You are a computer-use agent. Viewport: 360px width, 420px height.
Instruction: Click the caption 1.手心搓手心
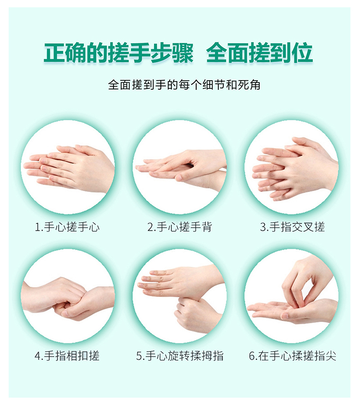(67, 227)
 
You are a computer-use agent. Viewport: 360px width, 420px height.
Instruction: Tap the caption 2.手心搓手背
(180, 227)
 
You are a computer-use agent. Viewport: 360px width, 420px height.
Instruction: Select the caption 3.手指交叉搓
(292, 227)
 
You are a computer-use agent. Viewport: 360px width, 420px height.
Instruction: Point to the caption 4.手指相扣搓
(67, 356)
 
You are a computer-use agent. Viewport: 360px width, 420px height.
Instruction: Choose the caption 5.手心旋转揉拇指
(180, 356)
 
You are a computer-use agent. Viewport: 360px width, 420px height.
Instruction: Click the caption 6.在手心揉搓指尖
(292, 356)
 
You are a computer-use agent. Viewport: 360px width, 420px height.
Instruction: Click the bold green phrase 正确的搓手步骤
(119, 53)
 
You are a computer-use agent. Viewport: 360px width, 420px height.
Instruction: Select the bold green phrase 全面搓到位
(259, 53)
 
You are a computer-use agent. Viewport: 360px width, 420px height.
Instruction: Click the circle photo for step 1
(68, 167)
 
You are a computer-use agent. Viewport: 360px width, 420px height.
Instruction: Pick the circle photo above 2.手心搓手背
(180, 167)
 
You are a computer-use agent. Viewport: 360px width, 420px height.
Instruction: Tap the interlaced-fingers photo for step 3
(292, 167)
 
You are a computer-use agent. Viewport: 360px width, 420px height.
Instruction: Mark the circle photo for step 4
(68, 296)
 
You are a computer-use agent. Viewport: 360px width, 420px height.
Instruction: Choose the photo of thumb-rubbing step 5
(180, 296)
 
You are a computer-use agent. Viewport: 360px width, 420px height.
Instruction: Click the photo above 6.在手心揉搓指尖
(292, 296)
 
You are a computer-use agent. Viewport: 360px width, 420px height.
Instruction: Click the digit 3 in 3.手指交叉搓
(262, 227)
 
